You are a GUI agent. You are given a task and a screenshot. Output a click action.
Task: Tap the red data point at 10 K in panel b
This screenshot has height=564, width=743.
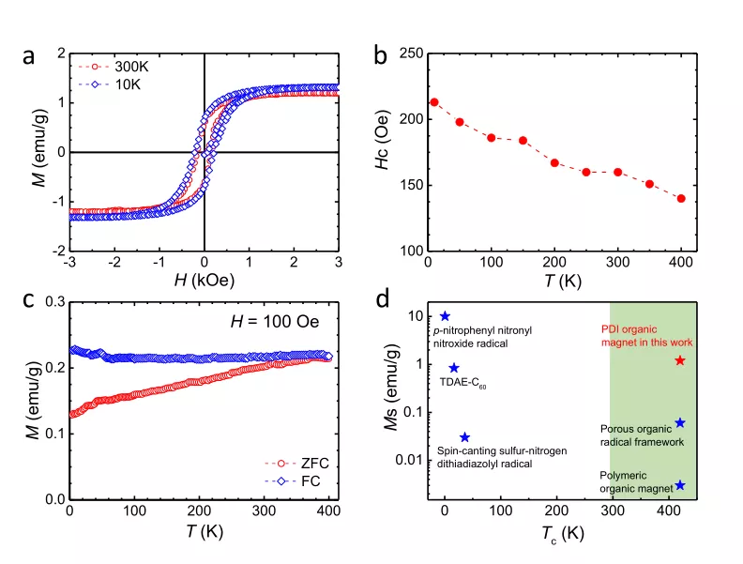click(x=434, y=102)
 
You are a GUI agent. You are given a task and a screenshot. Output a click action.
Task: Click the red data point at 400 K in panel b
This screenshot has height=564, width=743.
click(x=681, y=198)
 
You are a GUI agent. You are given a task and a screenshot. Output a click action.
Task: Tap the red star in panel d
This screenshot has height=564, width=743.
click(x=680, y=361)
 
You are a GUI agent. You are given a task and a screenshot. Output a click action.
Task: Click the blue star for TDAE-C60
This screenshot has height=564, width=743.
click(x=454, y=369)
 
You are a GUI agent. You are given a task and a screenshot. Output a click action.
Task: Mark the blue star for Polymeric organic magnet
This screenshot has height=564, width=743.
click(x=680, y=485)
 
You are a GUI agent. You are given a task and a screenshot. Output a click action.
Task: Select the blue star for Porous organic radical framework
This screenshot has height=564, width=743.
click(x=680, y=423)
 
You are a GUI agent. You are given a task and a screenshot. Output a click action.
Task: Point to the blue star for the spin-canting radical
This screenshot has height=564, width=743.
click(x=464, y=437)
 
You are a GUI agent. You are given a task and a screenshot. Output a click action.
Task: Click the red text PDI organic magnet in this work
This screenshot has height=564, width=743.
click(x=646, y=336)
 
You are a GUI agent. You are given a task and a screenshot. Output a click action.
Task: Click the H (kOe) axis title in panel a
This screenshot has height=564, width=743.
click(x=204, y=280)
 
